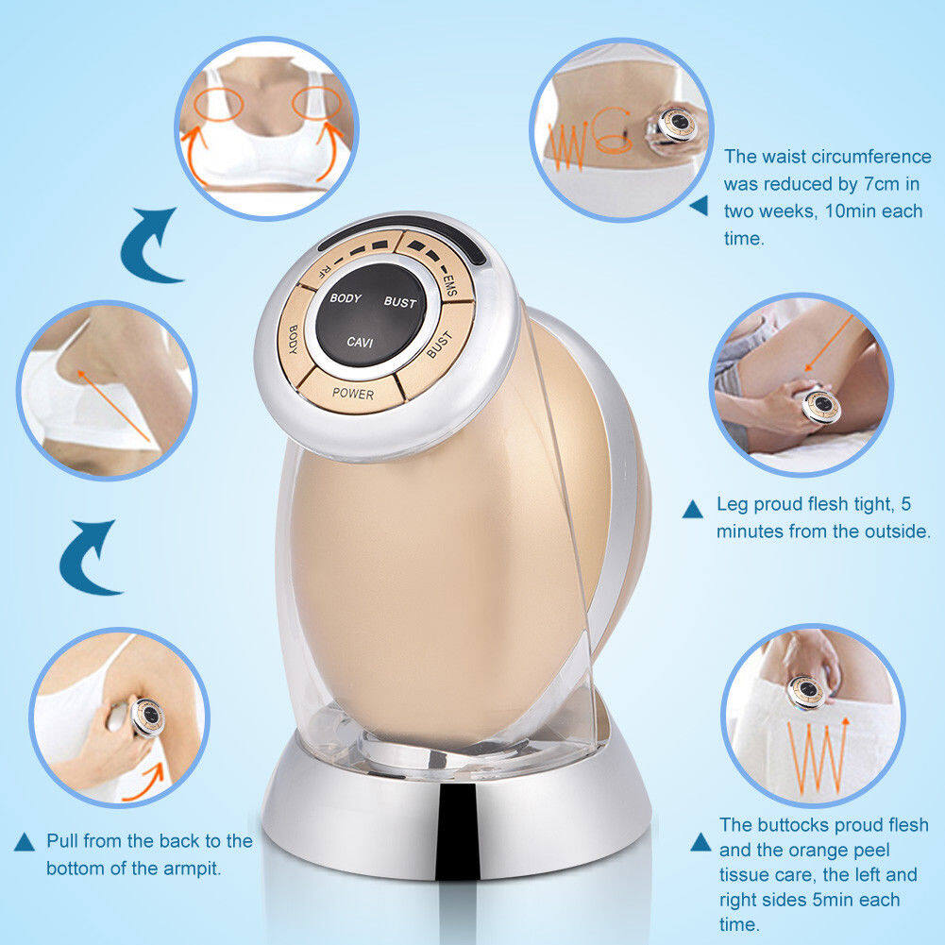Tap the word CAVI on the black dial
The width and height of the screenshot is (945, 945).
pyautogui.click(x=360, y=342)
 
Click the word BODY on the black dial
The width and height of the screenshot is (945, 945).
pyautogui.click(x=346, y=297)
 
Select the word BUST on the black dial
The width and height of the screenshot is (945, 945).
pyautogui.click(x=400, y=302)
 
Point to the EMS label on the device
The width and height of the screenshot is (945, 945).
pyautogui.click(x=450, y=283)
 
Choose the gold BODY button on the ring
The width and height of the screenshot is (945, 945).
pyautogui.click(x=295, y=341)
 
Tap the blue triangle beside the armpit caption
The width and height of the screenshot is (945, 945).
pyautogui.click(x=25, y=842)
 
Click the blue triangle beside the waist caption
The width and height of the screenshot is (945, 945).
pyautogui.click(x=700, y=206)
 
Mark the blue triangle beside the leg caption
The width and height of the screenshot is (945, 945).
pyautogui.click(x=693, y=510)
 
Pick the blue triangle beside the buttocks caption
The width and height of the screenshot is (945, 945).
pyautogui.click(x=700, y=842)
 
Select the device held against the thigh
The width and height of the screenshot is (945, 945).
pyautogui.click(x=819, y=406)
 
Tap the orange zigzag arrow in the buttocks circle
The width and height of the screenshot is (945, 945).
pyautogui.click(x=818, y=755)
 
